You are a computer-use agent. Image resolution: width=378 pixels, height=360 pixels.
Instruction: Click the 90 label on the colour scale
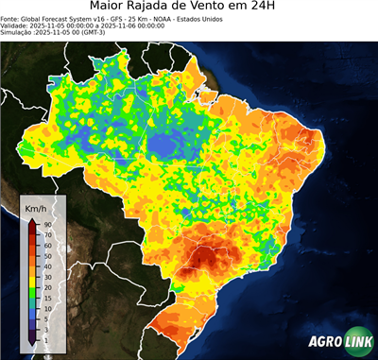[46, 224]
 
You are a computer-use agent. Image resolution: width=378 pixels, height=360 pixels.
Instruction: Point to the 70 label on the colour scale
[46, 234]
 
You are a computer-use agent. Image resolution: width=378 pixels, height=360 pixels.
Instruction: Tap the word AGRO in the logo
[323, 342]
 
